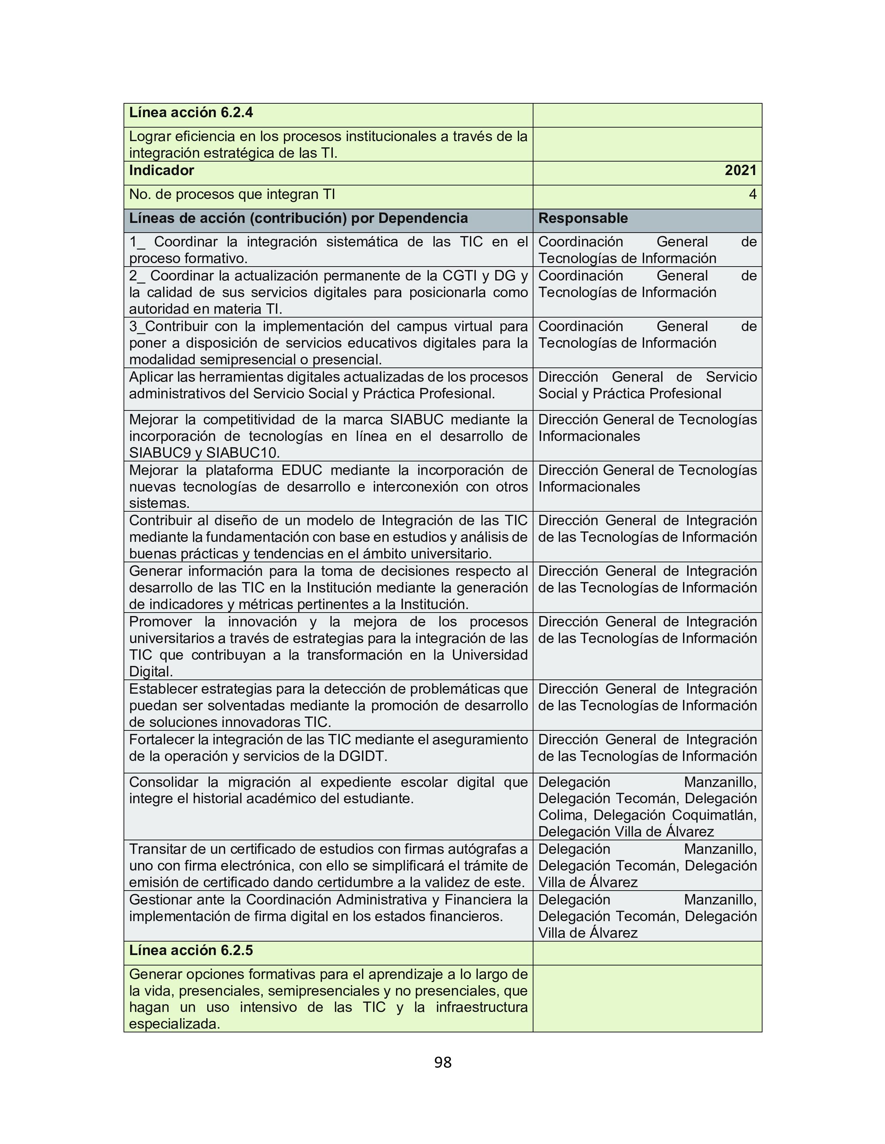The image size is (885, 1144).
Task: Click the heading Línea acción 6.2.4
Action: [x=191, y=113]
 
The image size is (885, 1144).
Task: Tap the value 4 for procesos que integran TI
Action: [x=752, y=194]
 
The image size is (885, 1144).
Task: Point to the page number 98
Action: [x=442, y=1062]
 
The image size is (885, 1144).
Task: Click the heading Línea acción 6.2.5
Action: [x=191, y=950]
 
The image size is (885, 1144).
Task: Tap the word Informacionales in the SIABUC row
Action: [x=589, y=436]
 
